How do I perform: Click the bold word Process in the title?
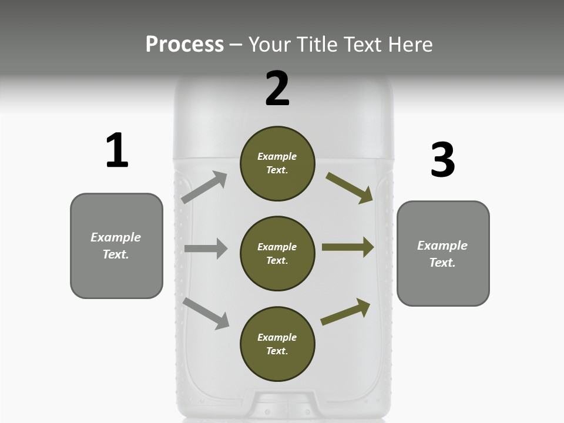pos(184,45)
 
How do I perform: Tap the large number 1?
pos(117,150)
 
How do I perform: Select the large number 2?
pos(277,89)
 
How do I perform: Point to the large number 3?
pos(442,160)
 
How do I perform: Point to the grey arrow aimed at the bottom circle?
pos(206,313)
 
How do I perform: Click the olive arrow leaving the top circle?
pos(349,188)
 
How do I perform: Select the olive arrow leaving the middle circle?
pos(347,247)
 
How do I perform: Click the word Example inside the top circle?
pos(277,156)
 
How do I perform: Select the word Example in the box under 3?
pos(442,246)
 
